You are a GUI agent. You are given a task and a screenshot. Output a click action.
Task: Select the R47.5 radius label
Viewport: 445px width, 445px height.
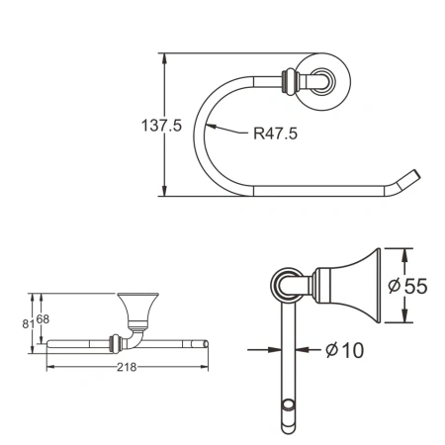(x=276, y=132)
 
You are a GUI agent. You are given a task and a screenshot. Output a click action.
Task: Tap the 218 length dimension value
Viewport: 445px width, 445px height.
(x=127, y=367)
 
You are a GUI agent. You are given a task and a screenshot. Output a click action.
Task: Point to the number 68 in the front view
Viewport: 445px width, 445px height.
(x=43, y=317)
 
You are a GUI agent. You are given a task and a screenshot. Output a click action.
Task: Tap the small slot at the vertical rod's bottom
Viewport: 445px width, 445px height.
(x=289, y=406)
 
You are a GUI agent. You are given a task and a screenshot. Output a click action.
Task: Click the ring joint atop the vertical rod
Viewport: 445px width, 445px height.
(x=285, y=286)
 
